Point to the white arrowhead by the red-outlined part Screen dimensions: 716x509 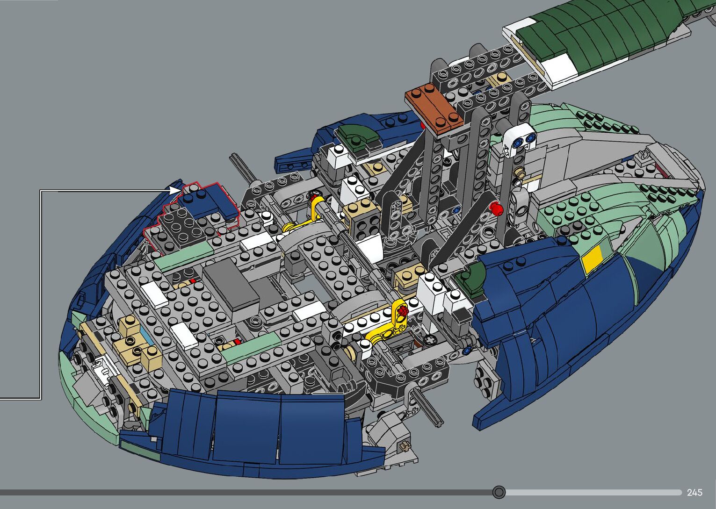174,190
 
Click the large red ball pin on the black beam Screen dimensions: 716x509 495,208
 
